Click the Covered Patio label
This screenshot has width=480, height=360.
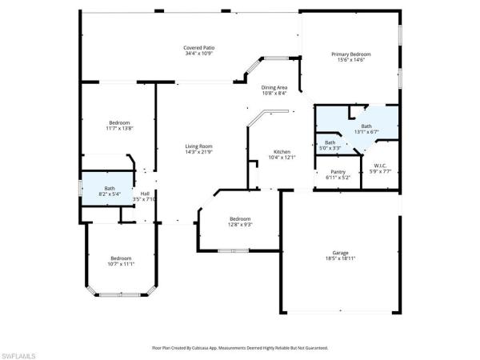(x=199, y=48)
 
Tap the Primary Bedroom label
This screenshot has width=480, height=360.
(x=351, y=54)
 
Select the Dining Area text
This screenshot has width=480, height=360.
(x=274, y=87)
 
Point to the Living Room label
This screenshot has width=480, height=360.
(x=198, y=146)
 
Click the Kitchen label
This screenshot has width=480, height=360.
(x=282, y=151)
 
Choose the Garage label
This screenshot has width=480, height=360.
(x=341, y=253)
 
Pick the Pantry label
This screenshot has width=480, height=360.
(x=338, y=171)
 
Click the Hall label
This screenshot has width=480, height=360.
(x=145, y=194)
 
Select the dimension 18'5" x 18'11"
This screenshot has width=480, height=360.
(x=341, y=258)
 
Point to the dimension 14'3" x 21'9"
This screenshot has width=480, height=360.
(x=198, y=151)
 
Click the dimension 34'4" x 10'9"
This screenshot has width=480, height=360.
(x=199, y=54)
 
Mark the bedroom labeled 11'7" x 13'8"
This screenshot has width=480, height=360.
(x=118, y=122)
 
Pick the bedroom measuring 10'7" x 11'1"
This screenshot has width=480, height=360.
(x=121, y=258)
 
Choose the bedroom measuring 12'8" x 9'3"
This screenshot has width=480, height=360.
(x=241, y=219)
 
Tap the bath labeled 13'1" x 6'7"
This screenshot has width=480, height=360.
(x=366, y=126)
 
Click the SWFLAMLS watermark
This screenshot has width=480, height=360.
(x=18, y=353)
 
